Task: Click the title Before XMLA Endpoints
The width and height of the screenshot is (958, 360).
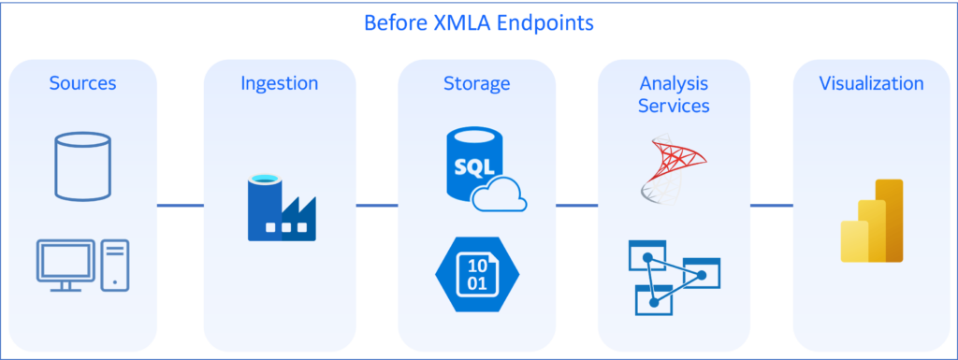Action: tap(478, 22)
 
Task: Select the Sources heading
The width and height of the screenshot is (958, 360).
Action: tap(82, 83)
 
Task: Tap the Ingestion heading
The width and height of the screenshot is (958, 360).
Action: tap(279, 83)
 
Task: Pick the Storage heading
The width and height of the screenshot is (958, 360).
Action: tap(476, 83)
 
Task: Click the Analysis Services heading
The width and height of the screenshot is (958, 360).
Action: tap(674, 94)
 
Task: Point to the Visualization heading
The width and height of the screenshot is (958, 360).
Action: tap(871, 83)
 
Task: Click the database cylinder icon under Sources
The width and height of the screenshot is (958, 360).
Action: tap(82, 166)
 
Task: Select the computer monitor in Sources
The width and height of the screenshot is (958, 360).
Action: tap(65, 261)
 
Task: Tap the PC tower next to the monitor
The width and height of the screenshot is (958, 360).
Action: tap(116, 263)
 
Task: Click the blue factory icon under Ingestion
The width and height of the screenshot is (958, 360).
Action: tap(280, 209)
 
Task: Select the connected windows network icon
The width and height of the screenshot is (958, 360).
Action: tap(673, 277)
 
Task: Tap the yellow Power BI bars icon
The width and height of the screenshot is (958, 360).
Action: tap(871, 222)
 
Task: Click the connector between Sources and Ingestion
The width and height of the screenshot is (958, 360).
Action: tap(180, 205)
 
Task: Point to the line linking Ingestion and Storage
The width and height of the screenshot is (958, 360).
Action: tap(377, 205)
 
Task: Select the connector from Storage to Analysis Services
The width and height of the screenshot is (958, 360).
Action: tap(576, 205)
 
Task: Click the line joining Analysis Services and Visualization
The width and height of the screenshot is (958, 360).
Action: tap(771, 205)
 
